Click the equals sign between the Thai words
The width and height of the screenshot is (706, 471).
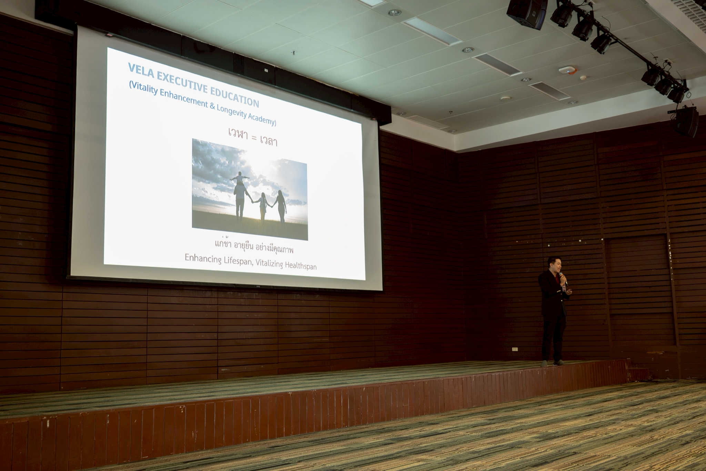[254, 138]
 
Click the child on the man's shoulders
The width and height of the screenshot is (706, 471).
[240, 178]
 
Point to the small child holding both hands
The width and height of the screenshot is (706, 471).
[263, 206]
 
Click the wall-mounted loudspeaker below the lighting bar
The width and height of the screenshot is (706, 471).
[686, 121]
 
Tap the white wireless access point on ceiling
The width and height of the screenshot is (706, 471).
[567, 70]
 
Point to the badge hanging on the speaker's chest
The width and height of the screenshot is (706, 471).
[564, 287]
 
